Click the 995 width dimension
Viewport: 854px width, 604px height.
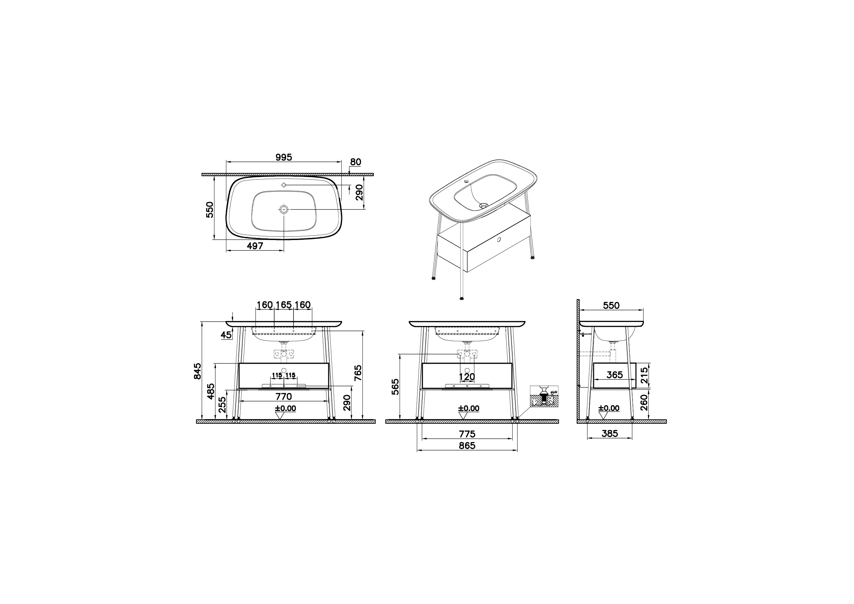[x=284, y=157]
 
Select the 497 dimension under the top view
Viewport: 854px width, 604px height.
[x=255, y=246]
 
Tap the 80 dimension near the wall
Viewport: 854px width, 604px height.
[x=356, y=162]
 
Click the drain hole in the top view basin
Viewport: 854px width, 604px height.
[x=284, y=209]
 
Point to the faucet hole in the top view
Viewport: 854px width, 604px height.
[x=284, y=185]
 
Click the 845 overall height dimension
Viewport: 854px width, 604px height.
[x=198, y=371]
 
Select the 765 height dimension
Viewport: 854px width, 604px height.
[x=358, y=373]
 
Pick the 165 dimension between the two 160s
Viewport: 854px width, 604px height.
[x=284, y=305]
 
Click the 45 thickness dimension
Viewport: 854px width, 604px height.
[x=226, y=335]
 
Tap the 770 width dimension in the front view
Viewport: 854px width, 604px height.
[x=284, y=396]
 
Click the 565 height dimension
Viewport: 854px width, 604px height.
[x=395, y=387]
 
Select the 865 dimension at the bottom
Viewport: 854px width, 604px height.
[x=467, y=446]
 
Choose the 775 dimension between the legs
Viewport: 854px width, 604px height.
[x=467, y=434]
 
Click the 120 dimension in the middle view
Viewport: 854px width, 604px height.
[x=467, y=377]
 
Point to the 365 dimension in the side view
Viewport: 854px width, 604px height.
[x=614, y=375]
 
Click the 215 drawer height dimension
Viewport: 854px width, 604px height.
[x=644, y=376]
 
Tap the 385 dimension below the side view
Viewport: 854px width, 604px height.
[x=609, y=434]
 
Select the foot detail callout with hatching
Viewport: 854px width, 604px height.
[x=544, y=397]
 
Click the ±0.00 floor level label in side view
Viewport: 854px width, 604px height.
[x=609, y=408]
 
